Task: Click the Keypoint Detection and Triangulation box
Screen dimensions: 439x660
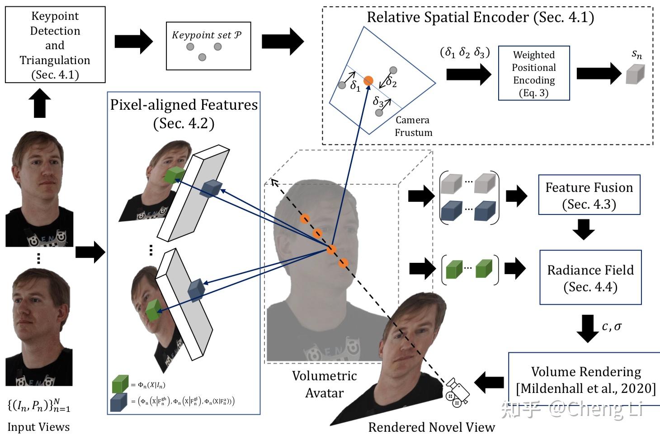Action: click(55, 45)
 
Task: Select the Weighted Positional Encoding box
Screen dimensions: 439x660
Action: click(533, 73)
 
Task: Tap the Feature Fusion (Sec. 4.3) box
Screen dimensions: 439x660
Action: click(589, 195)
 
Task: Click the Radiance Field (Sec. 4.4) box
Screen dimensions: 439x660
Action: click(590, 277)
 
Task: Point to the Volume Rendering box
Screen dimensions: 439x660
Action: click(586, 380)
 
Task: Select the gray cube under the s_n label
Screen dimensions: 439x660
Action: click(635, 74)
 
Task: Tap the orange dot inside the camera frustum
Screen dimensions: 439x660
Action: click(368, 81)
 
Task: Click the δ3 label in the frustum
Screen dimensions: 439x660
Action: click(378, 102)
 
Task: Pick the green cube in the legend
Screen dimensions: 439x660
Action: click(120, 384)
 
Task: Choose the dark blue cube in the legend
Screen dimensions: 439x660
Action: click(118, 402)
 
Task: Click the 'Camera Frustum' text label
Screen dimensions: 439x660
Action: click(413, 126)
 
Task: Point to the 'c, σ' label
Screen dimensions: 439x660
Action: click(612, 326)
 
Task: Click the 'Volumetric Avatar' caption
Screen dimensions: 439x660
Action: click(324, 384)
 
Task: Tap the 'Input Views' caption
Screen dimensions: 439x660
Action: click(38, 427)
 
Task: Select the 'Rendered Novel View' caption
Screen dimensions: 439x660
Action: click(431, 427)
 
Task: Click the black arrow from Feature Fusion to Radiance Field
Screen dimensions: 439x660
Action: click(584, 229)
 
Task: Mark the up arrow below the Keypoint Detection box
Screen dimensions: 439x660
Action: click(40, 103)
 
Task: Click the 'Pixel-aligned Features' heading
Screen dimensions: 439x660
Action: click(184, 105)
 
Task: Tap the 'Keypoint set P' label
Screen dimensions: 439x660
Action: click(207, 35)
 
